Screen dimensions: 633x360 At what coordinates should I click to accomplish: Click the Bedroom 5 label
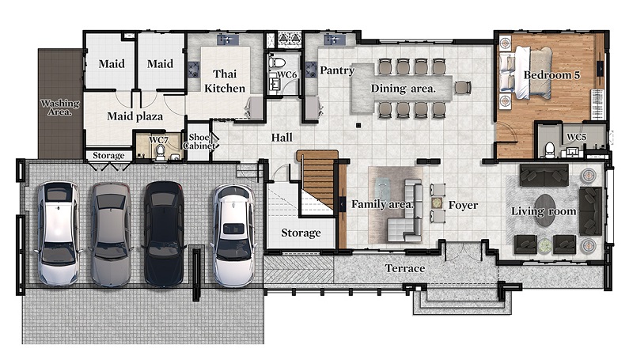[552, 75]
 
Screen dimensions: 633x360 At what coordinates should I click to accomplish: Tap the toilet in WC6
[278, 63]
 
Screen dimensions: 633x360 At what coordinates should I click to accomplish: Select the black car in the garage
[164, 233]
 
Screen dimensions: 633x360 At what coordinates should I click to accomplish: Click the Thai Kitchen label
[225, 81]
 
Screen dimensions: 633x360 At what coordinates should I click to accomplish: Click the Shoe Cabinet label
[199, 142]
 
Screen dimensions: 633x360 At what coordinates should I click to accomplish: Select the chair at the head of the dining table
[463, 87]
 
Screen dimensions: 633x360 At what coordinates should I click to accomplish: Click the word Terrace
[405, 268]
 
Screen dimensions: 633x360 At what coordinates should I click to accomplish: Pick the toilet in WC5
[549, 150]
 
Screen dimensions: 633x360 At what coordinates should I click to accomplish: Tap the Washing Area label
[60, 108]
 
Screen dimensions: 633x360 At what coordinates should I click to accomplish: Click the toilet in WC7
[161, 153]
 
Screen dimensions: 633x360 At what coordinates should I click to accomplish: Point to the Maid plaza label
[135, 116]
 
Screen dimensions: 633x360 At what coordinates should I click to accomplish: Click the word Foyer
[463, 206]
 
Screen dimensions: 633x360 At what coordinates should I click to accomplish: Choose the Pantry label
[337, 70]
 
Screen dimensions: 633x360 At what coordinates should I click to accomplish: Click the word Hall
[282, 138]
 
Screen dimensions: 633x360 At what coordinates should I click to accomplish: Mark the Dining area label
[404, 89]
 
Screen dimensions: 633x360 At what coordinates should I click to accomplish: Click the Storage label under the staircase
[301, 233]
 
